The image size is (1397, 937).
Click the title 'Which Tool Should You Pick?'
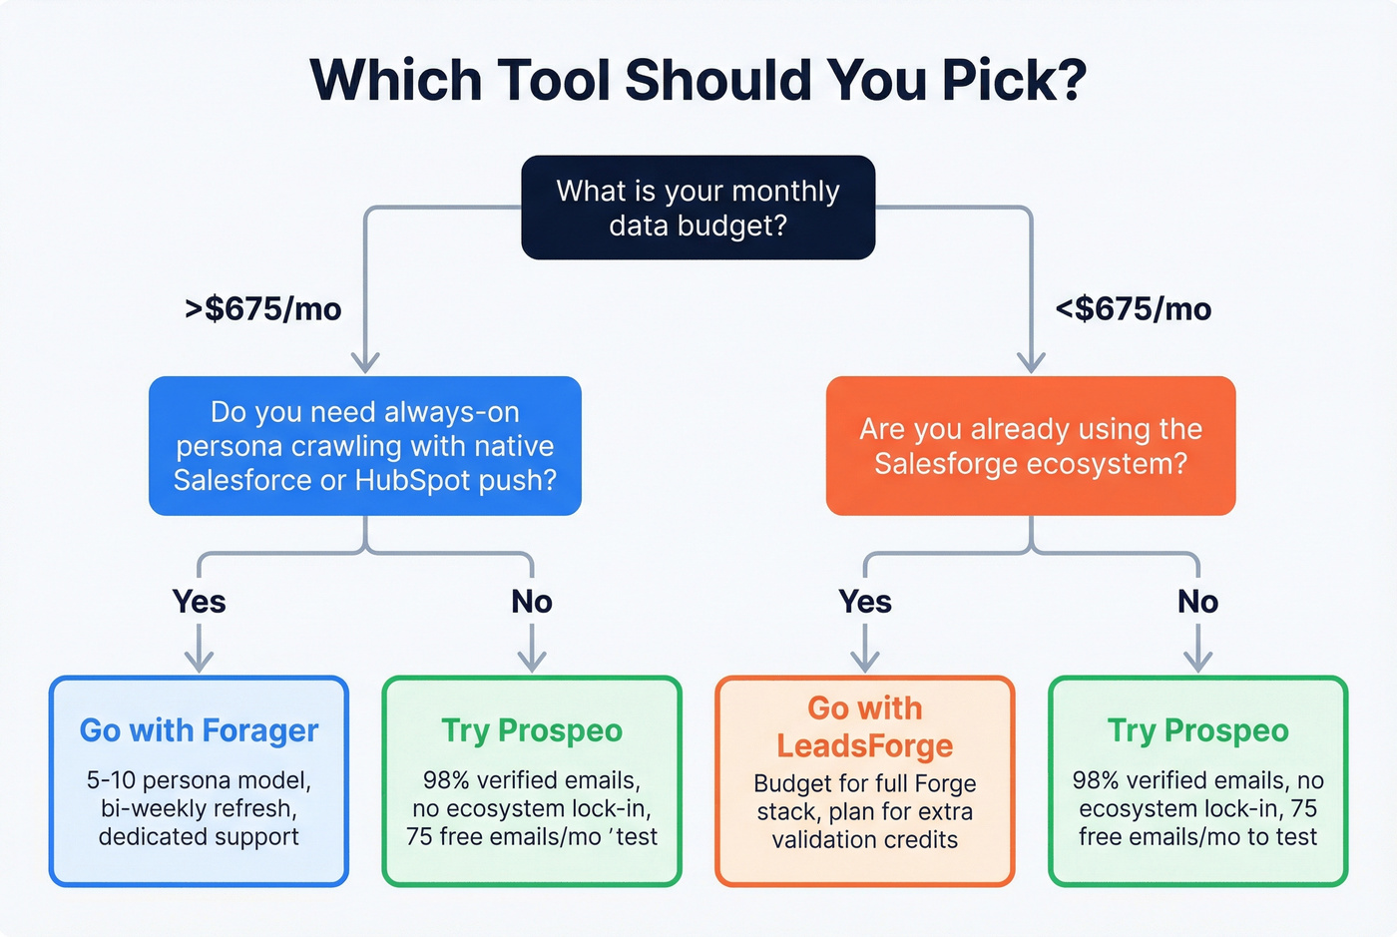(698, 80)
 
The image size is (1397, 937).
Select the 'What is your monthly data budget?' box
(698, 208)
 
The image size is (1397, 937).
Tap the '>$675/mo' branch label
(263, 309)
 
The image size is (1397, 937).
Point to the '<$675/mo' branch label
(1133, 309)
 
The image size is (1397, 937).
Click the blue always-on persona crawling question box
(365, 446)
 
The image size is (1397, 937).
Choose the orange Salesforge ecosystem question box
(1031, 446)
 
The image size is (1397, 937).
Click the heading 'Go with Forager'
(199, 730)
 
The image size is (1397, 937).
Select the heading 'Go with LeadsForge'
(864, 726)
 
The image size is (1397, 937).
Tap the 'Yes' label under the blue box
(199, 602)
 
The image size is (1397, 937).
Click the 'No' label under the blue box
(532, 602)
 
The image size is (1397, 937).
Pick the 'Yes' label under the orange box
(864, 602)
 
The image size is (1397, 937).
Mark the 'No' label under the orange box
(1197, 602)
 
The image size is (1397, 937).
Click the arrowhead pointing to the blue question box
(365, 362)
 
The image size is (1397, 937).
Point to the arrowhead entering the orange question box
(1031, 362)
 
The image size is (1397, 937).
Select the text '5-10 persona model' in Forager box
(198, 780)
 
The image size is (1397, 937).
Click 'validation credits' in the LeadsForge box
(864, 840)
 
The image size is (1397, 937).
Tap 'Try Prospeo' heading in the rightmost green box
(1197, 730)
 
